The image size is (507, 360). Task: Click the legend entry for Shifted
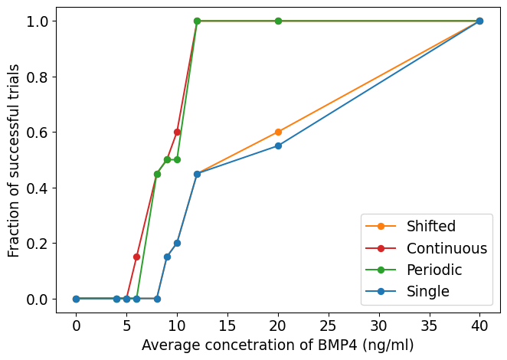[431, 226]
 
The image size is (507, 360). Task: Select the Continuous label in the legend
[446, 248]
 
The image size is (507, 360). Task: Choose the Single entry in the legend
[427, 291]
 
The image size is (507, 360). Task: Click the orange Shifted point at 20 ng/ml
[278, 132]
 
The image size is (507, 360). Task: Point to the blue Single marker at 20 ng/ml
[278, 146]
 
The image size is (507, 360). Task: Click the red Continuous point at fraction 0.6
[177, 132]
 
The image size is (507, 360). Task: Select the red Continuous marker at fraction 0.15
[136, 257]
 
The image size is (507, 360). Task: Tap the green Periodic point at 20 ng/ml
[278, 21]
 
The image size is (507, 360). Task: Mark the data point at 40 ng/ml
[479, 21]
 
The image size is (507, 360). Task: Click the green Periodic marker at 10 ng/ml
[177, 159]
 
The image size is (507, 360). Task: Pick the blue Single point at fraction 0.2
[177, 243]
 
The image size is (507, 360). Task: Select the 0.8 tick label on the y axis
[38, 77]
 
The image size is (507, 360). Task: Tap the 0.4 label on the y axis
[38, 188]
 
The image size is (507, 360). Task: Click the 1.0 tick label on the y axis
[38, 21]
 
